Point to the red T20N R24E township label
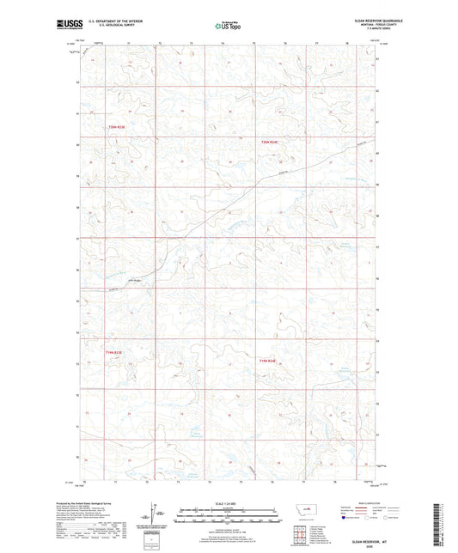271,142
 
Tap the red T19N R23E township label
114,352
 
